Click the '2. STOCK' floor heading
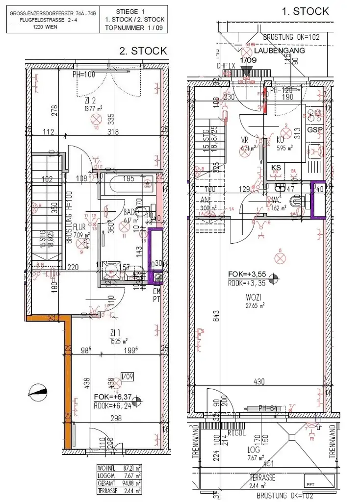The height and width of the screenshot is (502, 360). tap(143, 50)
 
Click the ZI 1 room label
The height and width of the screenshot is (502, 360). tap(116, 333)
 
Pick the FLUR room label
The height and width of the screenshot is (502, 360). tap(80, 227)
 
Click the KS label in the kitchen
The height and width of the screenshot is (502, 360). tap(276, 167)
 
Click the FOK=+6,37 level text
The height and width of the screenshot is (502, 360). tap(112, 398)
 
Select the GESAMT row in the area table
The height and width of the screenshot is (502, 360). tap(119, 483)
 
